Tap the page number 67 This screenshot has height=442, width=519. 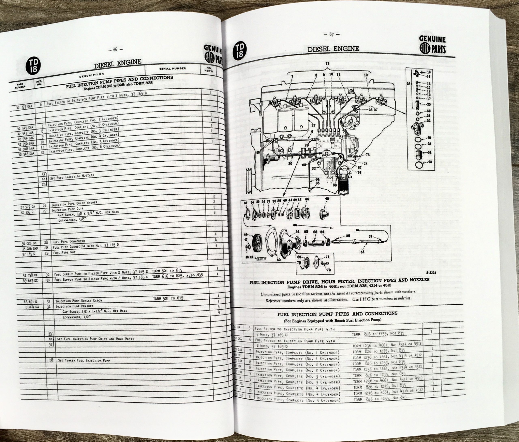pyautogui.click(x=332, y=35)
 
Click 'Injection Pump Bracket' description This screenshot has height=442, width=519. pyautogui.click(x=74, y=306)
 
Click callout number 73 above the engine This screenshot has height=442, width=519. pyautogui.click(x=327, y=64)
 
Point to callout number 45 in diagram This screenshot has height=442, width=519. pyautogui.click(x=327, y=199)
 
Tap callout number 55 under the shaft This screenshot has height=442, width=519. pyautogui.click(x=362, y=252)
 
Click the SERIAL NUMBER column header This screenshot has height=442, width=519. pyautogui.click(x=172, y=69)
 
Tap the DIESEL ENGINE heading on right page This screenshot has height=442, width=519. pyautogui.click(x=333, y=49)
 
